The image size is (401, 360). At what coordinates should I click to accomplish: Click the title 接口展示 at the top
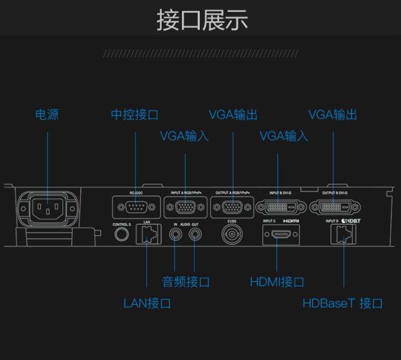point(202,20)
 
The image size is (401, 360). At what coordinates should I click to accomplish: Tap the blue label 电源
point(47,114)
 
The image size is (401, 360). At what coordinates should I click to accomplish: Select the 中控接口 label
point(135,114)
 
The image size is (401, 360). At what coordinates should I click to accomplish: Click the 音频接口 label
point(186,281)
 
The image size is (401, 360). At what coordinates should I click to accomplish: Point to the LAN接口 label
point(147,303)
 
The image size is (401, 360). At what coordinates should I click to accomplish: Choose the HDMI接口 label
point(277,281)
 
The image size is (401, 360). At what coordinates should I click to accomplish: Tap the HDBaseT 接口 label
point(343,303)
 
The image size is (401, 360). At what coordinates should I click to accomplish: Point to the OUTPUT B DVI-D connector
point(335,206)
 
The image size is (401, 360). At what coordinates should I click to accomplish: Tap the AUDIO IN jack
point(175,234)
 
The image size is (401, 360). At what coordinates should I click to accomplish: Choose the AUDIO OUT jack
point(195,234)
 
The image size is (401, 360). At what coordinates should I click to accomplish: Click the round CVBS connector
point(232,234)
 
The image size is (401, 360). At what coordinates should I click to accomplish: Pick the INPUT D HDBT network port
point(343,233)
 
